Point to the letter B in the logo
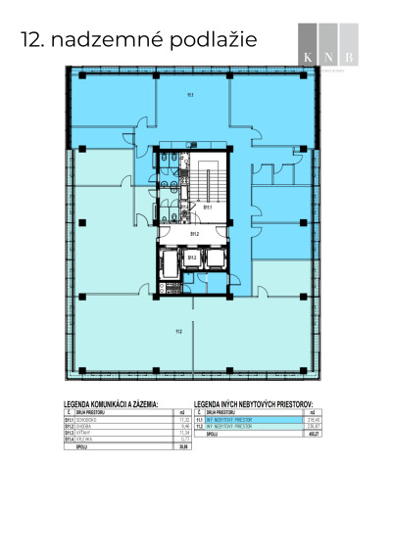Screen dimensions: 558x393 tap(350, 56)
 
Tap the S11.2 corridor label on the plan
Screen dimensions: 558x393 tap(194, 234)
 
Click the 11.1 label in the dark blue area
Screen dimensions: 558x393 tap(190, 94)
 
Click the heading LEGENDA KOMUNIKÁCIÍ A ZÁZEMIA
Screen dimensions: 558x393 tap(123, 402)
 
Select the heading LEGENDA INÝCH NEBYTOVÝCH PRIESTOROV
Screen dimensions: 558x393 tap(267, 402)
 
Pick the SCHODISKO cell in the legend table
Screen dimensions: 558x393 tap(94, 418)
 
